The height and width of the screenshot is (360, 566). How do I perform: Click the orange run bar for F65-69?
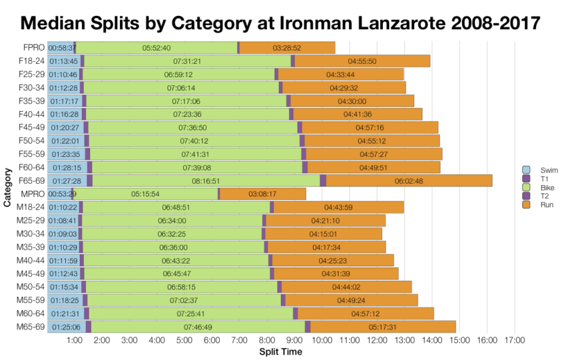(409, 180)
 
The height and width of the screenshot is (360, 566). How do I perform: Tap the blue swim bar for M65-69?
(65, 327)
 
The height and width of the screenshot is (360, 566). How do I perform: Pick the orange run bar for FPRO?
(287, 47)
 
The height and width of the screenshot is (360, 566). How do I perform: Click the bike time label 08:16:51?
(206, 180)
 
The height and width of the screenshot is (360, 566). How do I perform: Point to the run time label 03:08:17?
(262, 194)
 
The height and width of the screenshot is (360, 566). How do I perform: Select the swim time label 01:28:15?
(65, 167)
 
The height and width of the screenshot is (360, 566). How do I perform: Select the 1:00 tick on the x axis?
(75, 341)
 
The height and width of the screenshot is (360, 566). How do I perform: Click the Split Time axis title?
(280, 351)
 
